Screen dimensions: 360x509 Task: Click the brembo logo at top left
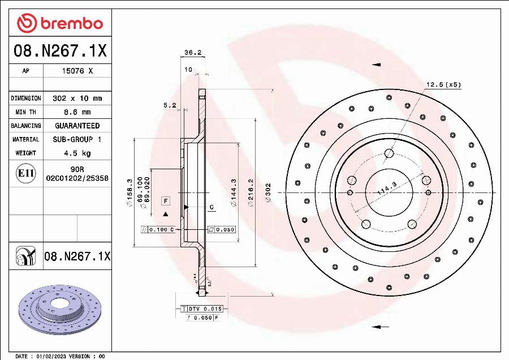coord(60,23)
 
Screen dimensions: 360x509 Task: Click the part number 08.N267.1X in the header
coord(60,52)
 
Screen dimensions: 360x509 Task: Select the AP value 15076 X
coord(77,71)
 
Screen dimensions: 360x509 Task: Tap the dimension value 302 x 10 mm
coord(77,98)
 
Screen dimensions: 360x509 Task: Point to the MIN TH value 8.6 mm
coord(77,112)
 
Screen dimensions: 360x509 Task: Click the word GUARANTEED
coord(77,126)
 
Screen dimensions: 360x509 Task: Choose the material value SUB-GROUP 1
coord(77,139)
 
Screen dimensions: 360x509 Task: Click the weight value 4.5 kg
coord(77,153)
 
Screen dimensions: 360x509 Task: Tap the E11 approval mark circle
coord(25,173)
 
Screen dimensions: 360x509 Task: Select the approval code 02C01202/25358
coord(77,178)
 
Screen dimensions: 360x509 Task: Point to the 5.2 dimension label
coord(169,105)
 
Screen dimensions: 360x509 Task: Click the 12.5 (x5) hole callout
coord(443,85)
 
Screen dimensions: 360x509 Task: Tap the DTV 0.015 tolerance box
coord(205,308)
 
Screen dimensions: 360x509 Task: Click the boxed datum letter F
coord(166,201)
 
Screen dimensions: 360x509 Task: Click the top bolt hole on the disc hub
coord(389,153)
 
